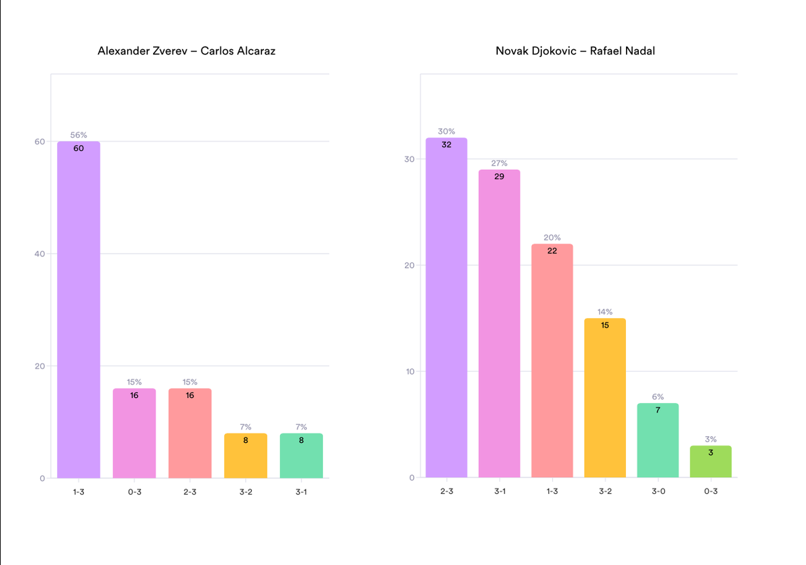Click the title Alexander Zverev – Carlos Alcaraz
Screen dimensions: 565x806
(x=186, y=51)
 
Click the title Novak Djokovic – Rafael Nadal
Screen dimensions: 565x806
(x=575, y=51)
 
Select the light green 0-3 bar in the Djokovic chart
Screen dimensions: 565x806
(x=711, y=463)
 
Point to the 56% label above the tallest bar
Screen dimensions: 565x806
(x=79, y=135)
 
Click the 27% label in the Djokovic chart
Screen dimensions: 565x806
(x=499, y=163)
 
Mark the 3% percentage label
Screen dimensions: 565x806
(x=711, y=439)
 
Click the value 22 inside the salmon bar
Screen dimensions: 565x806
(x=552, y=250)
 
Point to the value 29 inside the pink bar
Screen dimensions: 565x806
(x=499, y=176)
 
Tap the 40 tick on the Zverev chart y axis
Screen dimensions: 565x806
(x=40, y=254)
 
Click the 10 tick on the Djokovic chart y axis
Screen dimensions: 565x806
(x=410, y=371)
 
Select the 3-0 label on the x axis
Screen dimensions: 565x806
(x=658, y=491)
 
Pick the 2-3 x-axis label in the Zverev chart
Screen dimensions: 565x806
(x=190, y=491)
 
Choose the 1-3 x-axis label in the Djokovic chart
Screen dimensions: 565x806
(x=552, y=491)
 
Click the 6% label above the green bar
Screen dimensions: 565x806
(x=658, y=397)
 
